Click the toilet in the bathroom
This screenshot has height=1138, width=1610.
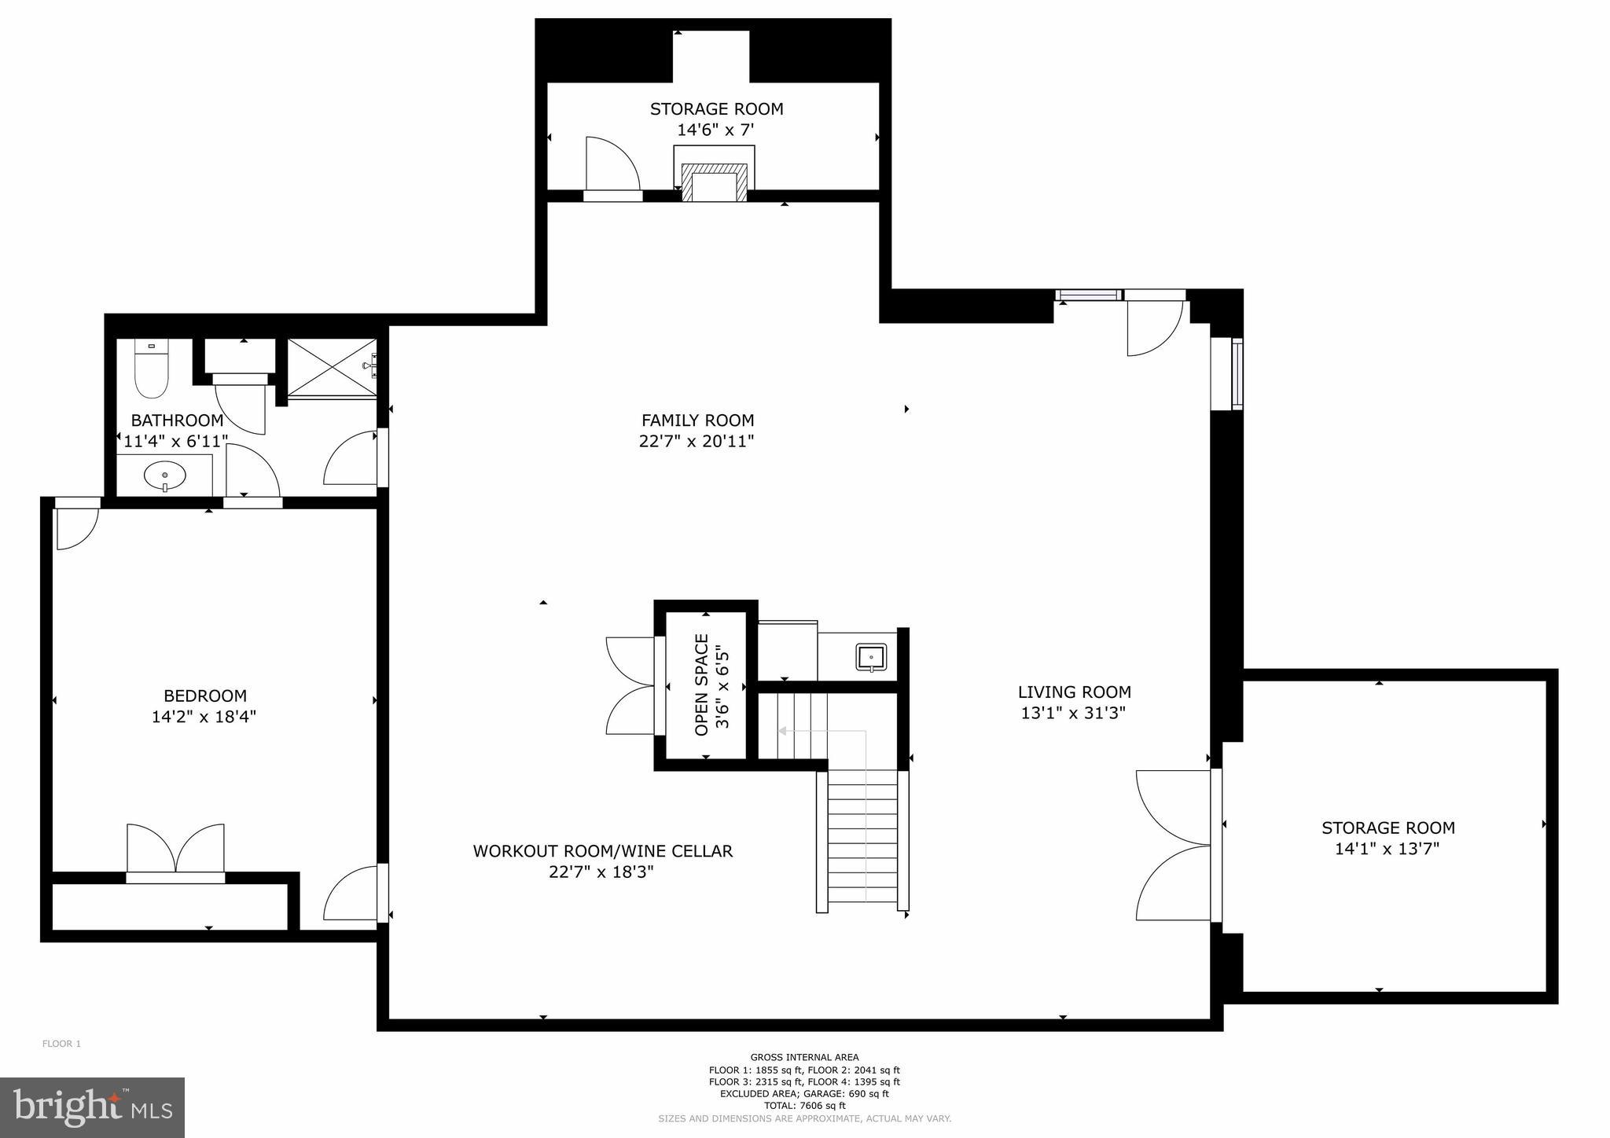click(x=152, y=371)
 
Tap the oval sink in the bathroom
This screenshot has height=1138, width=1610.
click(x=165, y=475)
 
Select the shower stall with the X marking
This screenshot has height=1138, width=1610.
click(x=331, y=368)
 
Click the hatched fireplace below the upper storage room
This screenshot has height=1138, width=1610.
click(x=714, y=183)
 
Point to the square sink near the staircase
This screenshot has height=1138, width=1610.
click(x=871, y=657)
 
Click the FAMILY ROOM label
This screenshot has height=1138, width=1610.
click(x=697, y=420)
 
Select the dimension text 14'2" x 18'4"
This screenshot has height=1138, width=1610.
click(x=204, y=717)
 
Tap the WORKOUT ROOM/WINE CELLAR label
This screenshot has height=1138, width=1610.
click(x=602, y=851)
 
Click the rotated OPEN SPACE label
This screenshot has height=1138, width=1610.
click(x=702, y=685)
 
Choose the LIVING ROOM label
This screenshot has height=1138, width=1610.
click(x=1074, y=692)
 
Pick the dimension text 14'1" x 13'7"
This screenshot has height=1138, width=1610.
click(x=1388, y=849)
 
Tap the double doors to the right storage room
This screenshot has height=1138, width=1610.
click(x=1172, y=845)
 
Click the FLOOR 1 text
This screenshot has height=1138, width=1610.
click(x=61, y=1044)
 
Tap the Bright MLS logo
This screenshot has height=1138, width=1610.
click(x=92, y=1107)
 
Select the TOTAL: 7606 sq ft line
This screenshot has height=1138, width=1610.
click(x=804, y=1106)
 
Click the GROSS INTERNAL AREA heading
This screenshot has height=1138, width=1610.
click(x=804, y=1057)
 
